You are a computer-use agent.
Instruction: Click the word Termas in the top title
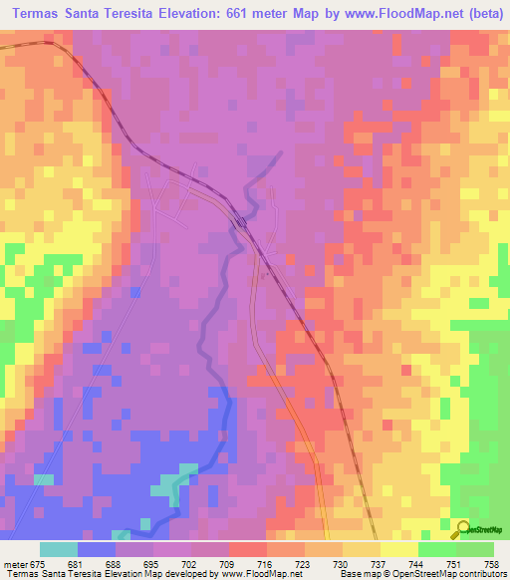coord(43,15)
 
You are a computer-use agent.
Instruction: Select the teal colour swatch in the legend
coord(59,549)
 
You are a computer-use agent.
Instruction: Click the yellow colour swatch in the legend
coord(398,549)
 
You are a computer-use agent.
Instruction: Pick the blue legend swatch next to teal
coord(97,549)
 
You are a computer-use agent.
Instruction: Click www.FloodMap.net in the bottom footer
coord(262,574)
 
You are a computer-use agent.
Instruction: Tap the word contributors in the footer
coord(480,574)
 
